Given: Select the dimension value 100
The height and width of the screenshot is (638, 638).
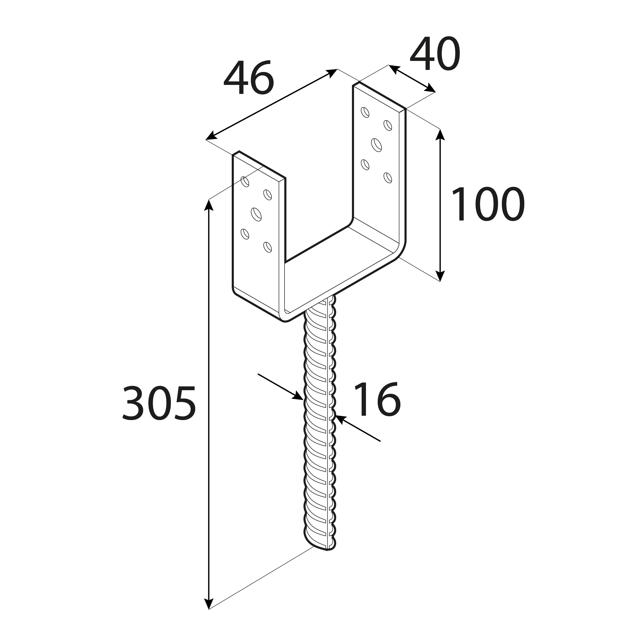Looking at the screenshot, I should click(487, 204).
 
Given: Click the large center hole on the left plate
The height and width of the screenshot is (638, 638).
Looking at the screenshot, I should click(256, 214).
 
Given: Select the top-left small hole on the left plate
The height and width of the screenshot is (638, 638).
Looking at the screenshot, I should click(245, 182).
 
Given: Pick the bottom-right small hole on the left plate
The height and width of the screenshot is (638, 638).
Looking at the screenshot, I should click(267, 247).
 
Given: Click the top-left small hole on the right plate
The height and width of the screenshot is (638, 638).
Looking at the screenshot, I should click(365, 112).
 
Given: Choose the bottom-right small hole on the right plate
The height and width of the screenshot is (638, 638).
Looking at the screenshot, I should click(388, 178).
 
